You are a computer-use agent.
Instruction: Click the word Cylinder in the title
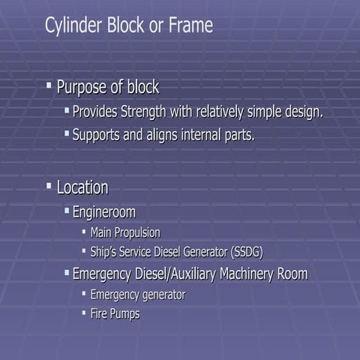click(x=68, y=25)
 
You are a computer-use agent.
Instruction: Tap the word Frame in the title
click(x=190, y=25)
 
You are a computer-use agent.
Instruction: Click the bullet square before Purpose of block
click(x=49, y=86)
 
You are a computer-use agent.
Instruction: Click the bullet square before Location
click(x=49, y=185)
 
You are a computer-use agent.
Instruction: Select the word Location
click(x=82, y=187)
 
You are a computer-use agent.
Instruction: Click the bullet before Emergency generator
click(x=84, y=294)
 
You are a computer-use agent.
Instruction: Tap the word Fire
click(x=99, y=313)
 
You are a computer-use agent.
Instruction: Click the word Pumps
click(x=124, y=313)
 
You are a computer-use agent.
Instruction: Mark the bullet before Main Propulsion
click(x=84, y=232)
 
